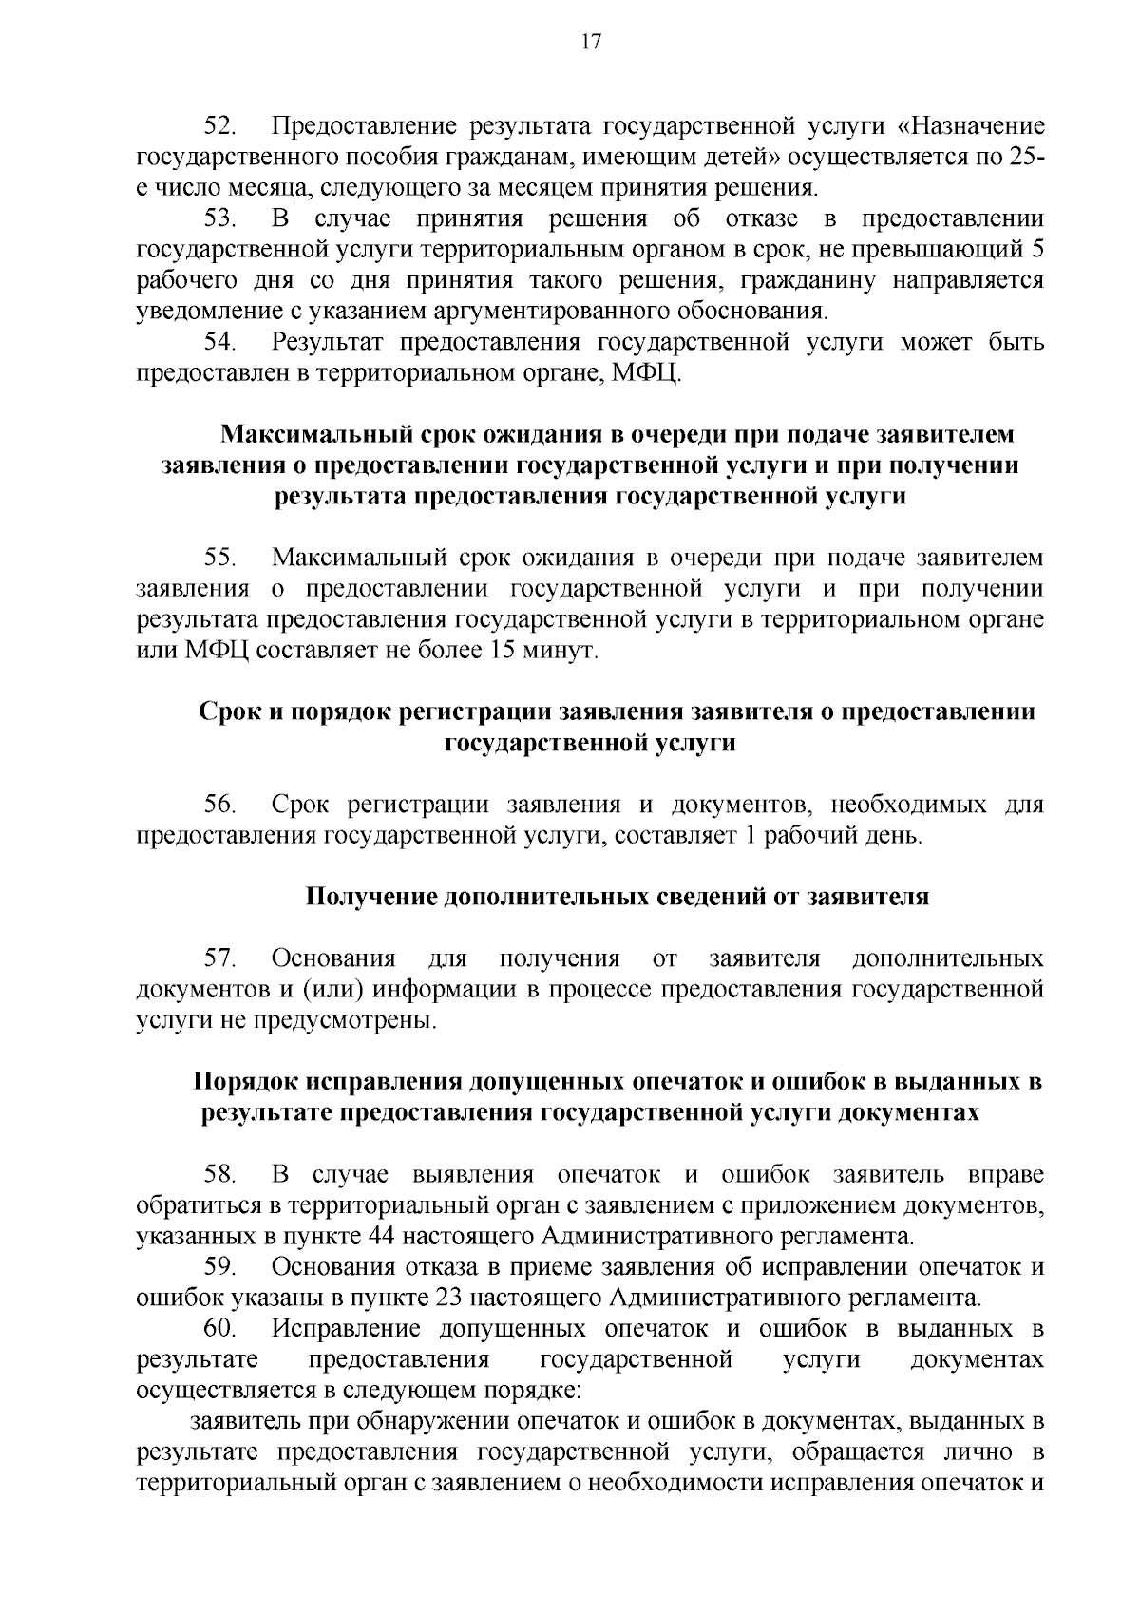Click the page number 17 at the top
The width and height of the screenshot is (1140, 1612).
[590, 42]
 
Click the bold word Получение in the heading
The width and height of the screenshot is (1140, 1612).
[370, 898]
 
